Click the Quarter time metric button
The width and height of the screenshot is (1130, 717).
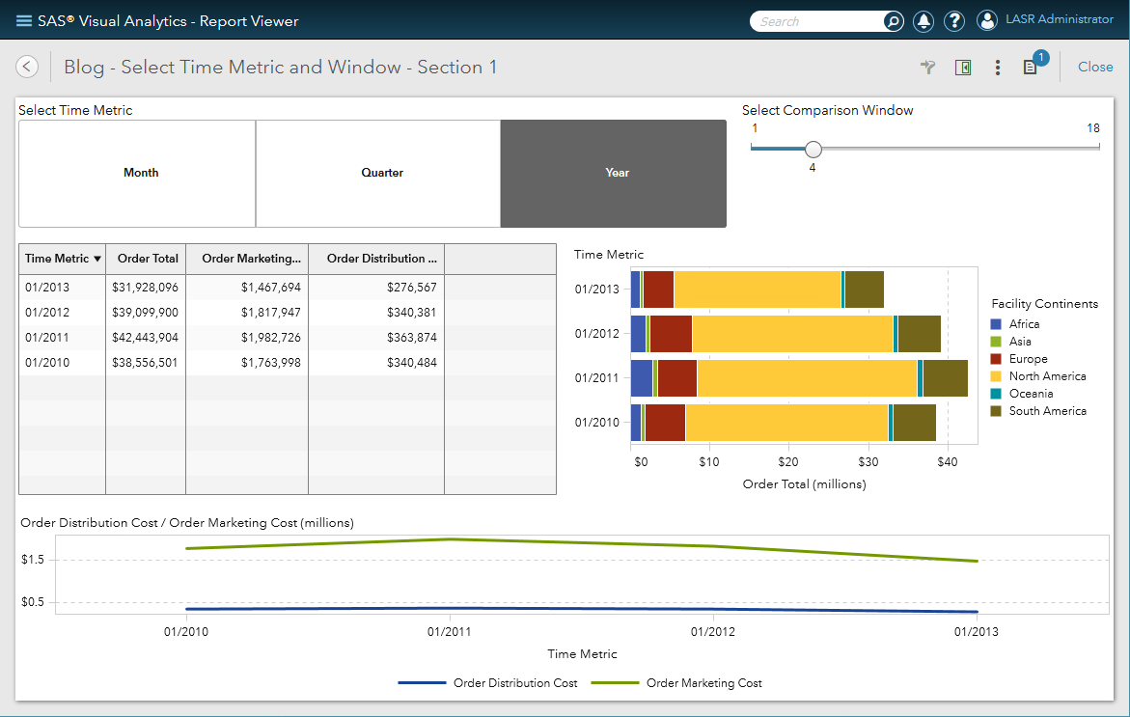(382, 173)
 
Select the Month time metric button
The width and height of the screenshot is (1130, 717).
(141, 173)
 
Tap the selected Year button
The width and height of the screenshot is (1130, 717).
(617, 173)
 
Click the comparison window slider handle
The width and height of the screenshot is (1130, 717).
(813, 149)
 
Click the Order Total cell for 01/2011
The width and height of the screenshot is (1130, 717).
(145, 337)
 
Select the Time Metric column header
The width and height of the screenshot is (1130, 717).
(62, 259)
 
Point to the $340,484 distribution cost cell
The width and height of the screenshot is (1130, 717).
(376, 362)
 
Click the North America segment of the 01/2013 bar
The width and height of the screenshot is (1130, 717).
(758, 290)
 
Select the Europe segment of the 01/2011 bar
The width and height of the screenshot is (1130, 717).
(676, 378)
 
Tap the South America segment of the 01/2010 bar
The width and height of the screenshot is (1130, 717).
(914, 423)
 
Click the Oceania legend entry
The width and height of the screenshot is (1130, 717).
(1031, 394)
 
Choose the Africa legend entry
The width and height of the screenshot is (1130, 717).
(1024, 324)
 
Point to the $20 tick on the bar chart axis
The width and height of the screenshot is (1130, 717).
(788, 462)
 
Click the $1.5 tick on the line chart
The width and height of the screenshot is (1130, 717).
(34, 560)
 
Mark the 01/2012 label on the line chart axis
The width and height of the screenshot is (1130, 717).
(713, 632)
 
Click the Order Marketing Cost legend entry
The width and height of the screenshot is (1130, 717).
(703, 683)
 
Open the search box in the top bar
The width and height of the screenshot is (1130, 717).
(818, 21)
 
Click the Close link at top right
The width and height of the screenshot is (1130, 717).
(1094, 67)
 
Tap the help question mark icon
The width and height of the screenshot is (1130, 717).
(953, 21)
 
